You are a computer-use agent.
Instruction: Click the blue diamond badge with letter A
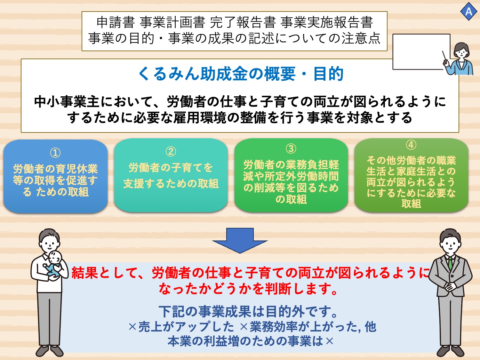468,12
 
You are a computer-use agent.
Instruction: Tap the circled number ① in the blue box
55,153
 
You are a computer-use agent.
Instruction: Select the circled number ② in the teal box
171,151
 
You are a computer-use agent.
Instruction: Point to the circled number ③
291,148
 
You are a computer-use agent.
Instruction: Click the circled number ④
411,145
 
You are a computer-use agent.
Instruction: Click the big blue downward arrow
240,240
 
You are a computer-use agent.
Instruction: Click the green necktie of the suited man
450,263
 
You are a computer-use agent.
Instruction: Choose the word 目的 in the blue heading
328,74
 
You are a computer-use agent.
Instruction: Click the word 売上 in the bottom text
149,327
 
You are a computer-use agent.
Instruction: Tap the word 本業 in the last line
179,341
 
